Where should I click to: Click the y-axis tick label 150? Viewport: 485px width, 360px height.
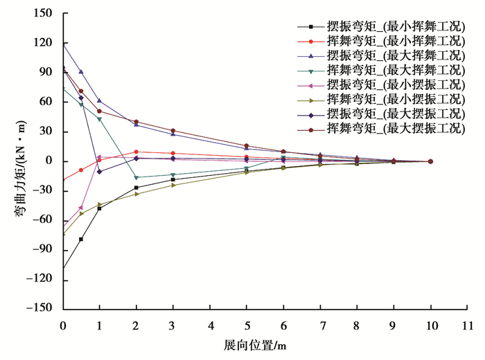pos(46,13)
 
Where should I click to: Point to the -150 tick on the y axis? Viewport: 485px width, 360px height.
pos(43,309)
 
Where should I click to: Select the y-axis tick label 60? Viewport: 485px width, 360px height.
pos(48,102)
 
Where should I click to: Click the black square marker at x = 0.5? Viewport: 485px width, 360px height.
pos(81,240)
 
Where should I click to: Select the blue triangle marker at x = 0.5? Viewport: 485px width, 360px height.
pos(81,71)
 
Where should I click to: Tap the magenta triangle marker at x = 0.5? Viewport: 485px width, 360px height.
pos(81,208)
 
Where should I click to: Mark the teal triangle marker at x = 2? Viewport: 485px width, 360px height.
pos(136,178)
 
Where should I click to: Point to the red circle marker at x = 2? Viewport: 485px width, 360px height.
pos(136,152)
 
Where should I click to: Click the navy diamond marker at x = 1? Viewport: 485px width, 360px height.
pos(99,172)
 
